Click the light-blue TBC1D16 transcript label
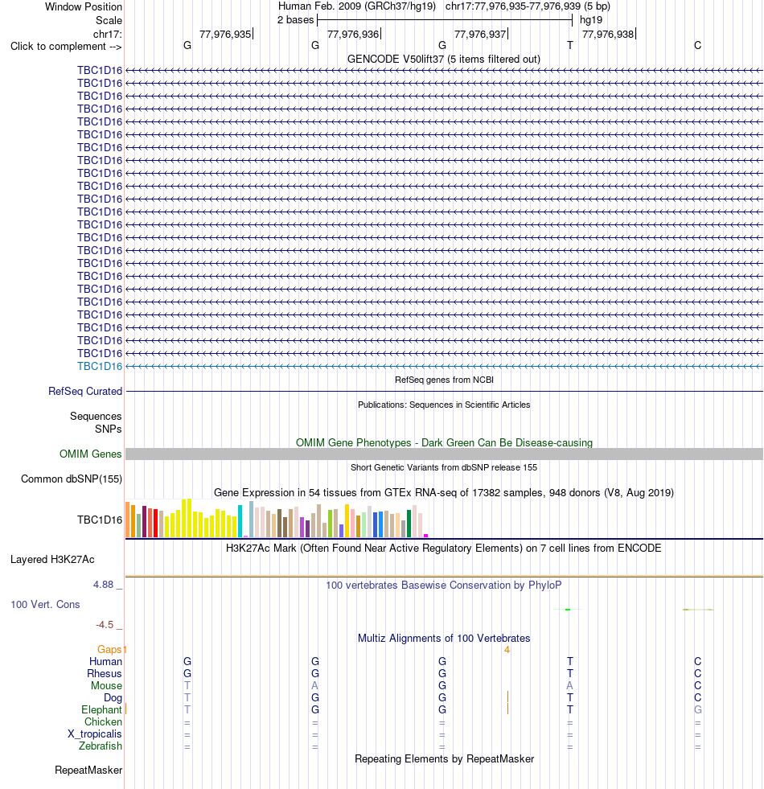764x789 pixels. click(100, 366)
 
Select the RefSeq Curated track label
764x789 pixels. click(85, 391)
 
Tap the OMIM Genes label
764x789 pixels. click(91, 454)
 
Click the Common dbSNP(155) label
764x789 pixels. click(72, 479)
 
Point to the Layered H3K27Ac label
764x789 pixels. click(52, 560)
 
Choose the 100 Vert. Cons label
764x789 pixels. click(45, 604)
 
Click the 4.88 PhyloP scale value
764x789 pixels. click(103, 584)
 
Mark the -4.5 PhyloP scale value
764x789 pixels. click(105, 624)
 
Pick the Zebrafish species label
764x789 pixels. click(101, 746)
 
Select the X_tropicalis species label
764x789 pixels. click(95, 734)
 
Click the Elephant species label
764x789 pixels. click(101, 709)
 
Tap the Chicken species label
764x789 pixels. click(103, 721)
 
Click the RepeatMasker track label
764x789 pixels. click(88, 770)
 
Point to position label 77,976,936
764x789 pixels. click(353, 35)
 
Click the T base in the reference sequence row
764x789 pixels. click(569, 45)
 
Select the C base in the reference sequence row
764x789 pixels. click(697, 45)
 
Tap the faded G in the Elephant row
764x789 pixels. click(697, 709)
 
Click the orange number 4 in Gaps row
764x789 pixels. click(507, 650)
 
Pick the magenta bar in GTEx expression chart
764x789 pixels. click(425, 536)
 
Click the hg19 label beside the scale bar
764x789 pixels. click(591, 20)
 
